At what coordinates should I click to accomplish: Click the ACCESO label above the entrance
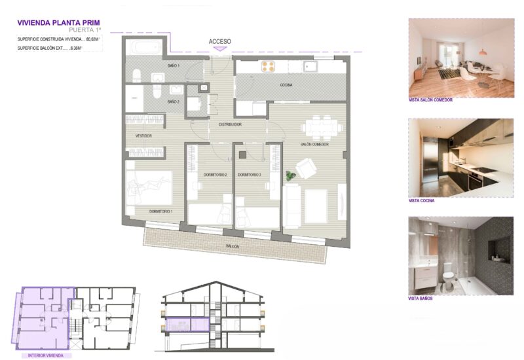(x=220, y=41)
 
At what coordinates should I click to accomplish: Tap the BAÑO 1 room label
(x=174, y=65)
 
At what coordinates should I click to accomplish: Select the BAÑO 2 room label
(x=174, y=101)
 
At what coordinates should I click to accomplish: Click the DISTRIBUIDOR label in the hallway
(x=230, y=124)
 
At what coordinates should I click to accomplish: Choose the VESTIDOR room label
(x=143, y=135)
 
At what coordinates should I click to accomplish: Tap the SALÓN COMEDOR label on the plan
(x=314, y=144)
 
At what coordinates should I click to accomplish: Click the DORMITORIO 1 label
(x=160, y=211)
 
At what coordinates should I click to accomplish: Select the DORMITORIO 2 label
(x=214, y=175)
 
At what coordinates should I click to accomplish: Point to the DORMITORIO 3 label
(x=250, y=175)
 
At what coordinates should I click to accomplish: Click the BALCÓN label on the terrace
(x=233, y=247)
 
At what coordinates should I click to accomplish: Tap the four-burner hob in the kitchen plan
(x=268, y=65)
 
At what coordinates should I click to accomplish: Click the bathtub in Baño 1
(x=143, y=48)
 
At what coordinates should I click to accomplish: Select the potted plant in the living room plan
(x=290, y=175)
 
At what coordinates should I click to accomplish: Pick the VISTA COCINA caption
(x=421, y=201)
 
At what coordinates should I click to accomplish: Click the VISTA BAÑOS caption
(x=420, y=298)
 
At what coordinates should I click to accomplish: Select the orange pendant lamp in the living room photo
(x=481, y=52)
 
